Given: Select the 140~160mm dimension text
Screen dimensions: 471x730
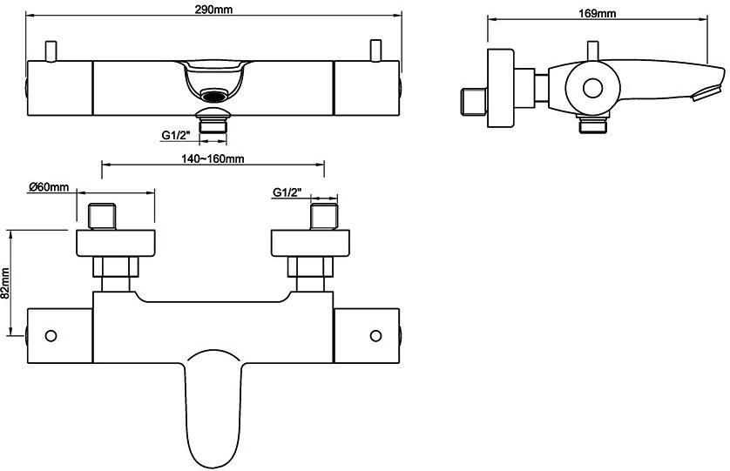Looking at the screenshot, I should point(213,158).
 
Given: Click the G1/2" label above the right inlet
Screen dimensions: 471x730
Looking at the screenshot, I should point(287,192).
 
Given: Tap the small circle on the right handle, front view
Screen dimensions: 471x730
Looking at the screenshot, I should point(376,335).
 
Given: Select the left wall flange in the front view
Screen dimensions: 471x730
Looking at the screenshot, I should point(115,243).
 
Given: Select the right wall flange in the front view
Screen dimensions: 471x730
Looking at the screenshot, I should point(312,243).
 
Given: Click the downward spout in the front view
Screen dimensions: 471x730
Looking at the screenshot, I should point(213,400).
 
